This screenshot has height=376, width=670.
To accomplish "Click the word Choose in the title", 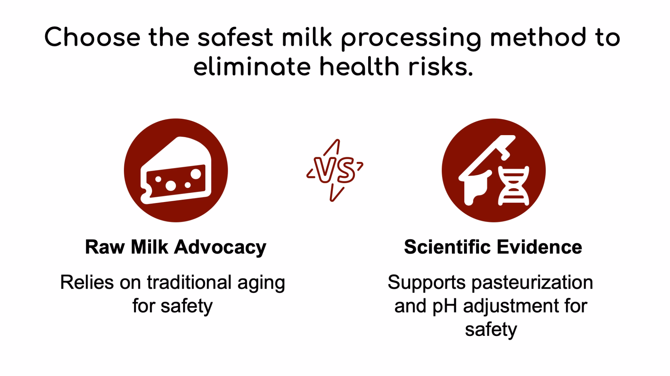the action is pyautogui.click(x=92, y=37).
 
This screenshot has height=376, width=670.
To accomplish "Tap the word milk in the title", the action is pyautogui.click(x=307, y=37).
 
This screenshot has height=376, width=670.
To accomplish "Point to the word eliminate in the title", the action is pyautogui.click(x=252, y=66).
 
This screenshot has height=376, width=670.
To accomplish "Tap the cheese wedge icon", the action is pyautogui.click(x=176, y=170).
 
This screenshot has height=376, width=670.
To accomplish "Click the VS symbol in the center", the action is pyautogui.click(x=335, y=170).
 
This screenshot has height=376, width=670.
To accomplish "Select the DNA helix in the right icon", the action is pyautogui.click(x=514, y=186).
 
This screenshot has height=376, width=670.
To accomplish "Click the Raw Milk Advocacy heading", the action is pyautogui.click(x=176, y=247).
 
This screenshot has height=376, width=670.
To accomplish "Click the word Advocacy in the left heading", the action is pyautogui.click(x=220, y=248).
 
